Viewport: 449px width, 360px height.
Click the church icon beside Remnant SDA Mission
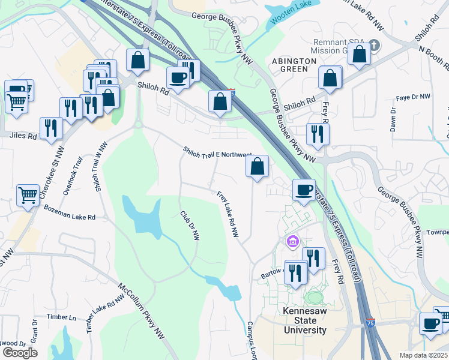pyautogui.click(x=373, y=45)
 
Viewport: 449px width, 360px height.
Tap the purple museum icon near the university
pyautogui.click(x=292, y=242)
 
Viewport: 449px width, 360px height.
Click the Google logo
pyautogui.click(x=20, y=353)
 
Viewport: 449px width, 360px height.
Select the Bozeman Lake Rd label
pyautogui.click(x=70, y=212)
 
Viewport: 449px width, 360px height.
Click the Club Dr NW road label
pyautogui.click(x=189, y=225)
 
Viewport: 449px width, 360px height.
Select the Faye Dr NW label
pyautogui.click(x=414, y=97)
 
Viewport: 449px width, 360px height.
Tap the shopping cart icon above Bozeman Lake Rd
pyautogui.click(x=28, y=194)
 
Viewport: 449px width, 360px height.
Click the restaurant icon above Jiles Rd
pyautogui.click(x=51, y=127)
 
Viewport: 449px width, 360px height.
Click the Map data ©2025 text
pyautogui.click(x=424, y=355)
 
